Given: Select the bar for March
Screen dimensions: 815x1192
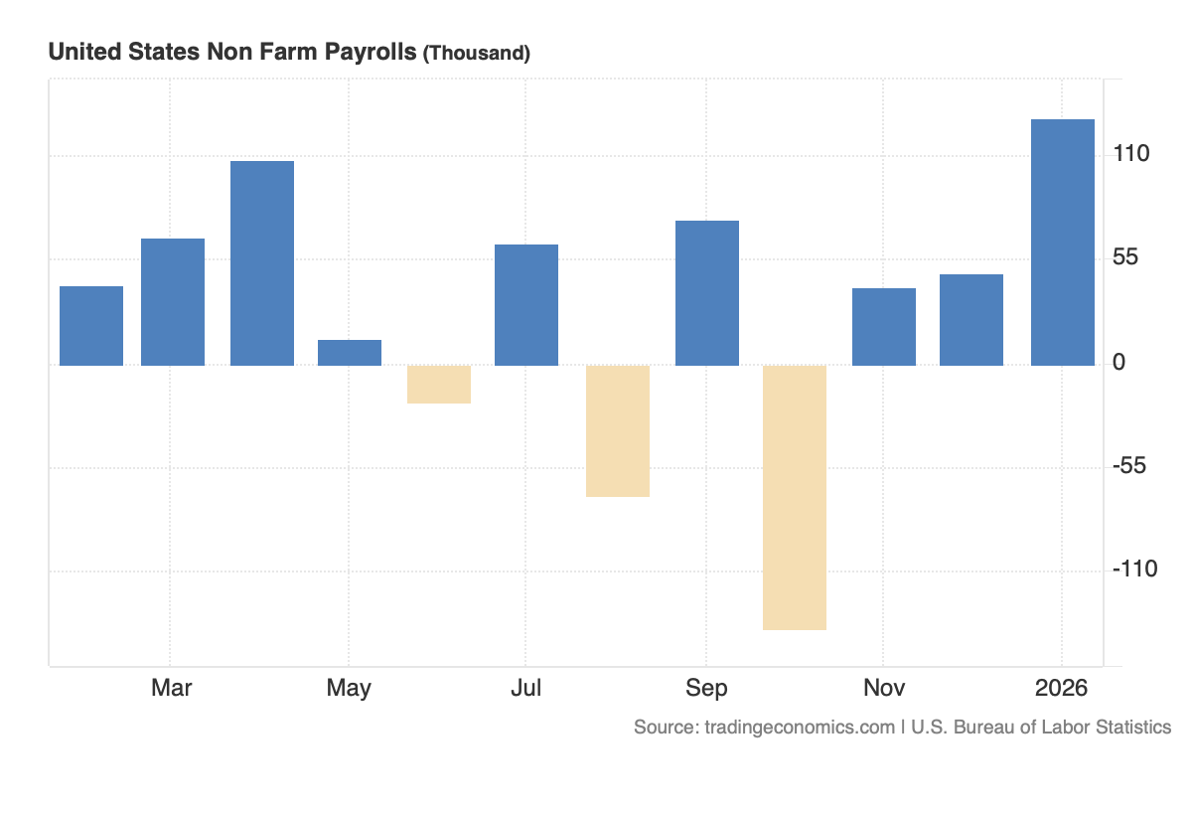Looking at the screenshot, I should click(x=173, y=302).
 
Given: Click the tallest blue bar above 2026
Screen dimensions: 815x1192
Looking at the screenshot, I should click(x=1063, y=243).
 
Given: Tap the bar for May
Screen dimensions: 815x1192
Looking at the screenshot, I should click(x=350, y=353).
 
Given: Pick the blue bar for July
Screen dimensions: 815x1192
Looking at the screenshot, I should click(x=526, y=305).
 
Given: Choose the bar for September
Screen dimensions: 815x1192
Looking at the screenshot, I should click(x=707, y=293).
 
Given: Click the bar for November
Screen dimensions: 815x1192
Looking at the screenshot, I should click(x=884, y=327).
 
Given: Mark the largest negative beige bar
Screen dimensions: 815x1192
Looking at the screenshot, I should click(x=795, y=497).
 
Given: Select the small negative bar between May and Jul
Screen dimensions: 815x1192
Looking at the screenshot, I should click(x=439, y=385).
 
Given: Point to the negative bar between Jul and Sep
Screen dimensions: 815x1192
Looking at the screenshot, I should click(x=618, y=430).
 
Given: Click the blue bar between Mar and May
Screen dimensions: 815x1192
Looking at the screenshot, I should click(x=262, y=263).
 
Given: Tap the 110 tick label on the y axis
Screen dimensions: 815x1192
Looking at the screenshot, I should click(x=1131, y=154).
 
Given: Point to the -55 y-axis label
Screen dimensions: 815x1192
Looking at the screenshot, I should click(x=1131, y=466).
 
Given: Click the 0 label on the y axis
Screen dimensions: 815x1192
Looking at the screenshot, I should click(x=1119, y=363).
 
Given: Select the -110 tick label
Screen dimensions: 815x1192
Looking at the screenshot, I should click(x=1135, y=570).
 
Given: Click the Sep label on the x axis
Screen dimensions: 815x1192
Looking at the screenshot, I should click(x=706, y=688).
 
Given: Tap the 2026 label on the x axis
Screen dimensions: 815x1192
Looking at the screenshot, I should click(x=1061, y=688).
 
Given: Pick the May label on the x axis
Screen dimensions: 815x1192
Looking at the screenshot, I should click(x=349, y=688).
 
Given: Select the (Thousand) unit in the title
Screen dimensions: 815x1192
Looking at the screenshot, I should click(x=477, y=54).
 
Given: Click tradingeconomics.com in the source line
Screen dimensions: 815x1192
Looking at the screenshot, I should click(x=800, y=728).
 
